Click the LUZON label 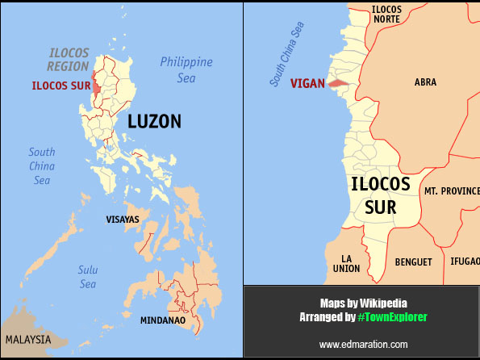pyautogui.click(x=154, y=122)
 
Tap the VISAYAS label pyautogui.click(x=123, y=219)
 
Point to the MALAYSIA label pyautogui.click(x=27, y=339)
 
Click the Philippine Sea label pyautogui.click(x=186, y=69)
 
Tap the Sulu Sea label pyautogui.click(x=88, y=277)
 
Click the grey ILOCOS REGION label pyautogui.click(x=68, y=59)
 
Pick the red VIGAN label pyautogui.click(x=307, y=83)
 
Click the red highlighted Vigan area pyautogui.click(x=338, y=82)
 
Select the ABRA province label pyautogui.click(x=425, y=82)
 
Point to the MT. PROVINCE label pyautogui.click(x=451, y=191)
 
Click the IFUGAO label pyautogui.click(x=464, y=262)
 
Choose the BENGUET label pyautogui.click(x=413, y=262)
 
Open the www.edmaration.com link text pyautogui.click(x=363, y=345)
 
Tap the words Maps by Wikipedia pyautogui.click(x=362, y=303)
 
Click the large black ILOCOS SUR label pyautogui.click(x=380, y=195)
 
